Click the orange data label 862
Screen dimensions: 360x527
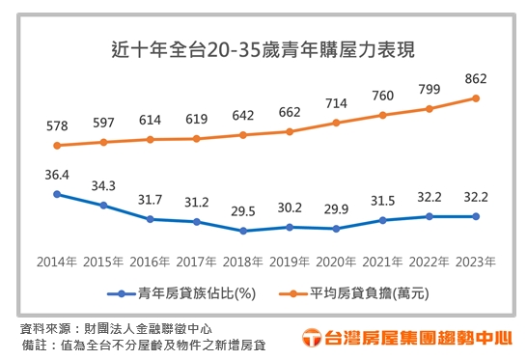pos(475,78)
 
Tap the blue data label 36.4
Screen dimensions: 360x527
pos(57,175)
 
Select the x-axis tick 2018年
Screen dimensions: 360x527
pos(242,262)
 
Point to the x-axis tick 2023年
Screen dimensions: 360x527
pos(475,262)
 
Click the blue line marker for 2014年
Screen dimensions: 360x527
pos(57,194)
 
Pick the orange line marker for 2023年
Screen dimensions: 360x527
pos(475,97)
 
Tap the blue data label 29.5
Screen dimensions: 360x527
pos(242,211)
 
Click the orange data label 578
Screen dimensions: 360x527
pos(57,126)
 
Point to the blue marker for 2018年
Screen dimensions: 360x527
pos(242,231)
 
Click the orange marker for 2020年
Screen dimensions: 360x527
pos(336,123)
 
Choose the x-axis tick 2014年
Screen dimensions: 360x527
pos(57,262)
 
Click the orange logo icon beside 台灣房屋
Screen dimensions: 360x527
pos(312,338)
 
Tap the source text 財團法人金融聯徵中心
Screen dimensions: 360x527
pos(144,328)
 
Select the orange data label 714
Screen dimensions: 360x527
pos(336,103)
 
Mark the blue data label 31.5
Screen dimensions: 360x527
pos(382,201)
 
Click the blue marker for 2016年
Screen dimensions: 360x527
pos(150,219)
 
